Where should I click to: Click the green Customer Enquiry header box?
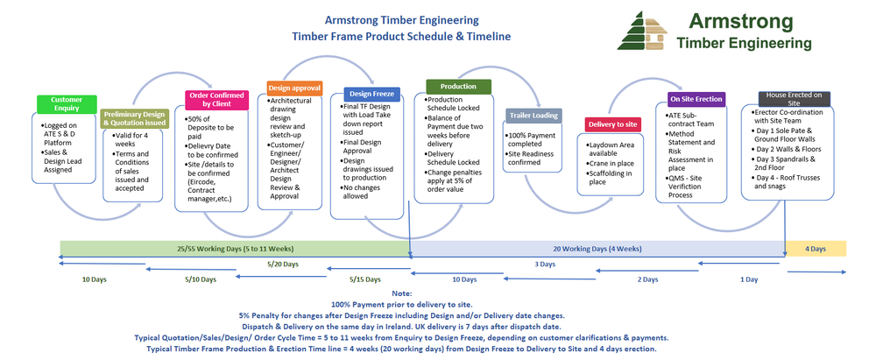(67, 104)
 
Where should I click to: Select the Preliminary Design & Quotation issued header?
(133, 118)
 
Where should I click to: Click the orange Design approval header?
(294, 88)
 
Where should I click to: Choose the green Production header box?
(458, 87)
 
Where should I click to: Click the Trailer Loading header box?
(533, 116)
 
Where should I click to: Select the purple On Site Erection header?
(696, 99)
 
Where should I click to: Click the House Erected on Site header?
(794, 98)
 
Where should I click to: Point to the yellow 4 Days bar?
(816, 249)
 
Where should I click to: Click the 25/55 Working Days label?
(234, 249)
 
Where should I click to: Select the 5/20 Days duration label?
(283, 264)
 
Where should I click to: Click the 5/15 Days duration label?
(364, 279)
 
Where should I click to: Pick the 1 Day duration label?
(749, 279)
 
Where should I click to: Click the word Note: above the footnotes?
(402, 293)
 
